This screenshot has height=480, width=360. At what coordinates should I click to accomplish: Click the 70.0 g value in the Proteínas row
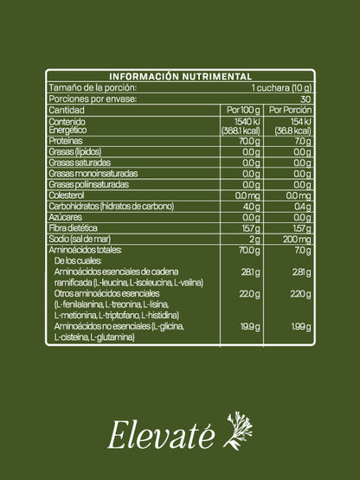(x=250, y=140)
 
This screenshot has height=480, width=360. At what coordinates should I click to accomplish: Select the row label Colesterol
(x=67, y=195)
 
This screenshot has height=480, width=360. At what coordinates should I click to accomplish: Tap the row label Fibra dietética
(x=72, y=227)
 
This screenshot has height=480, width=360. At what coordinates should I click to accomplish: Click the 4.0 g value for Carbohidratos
(x=252, y=206)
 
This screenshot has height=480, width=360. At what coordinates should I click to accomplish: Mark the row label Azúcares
(x=63, y=216)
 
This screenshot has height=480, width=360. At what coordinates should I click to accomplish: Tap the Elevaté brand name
(x=162, y=435)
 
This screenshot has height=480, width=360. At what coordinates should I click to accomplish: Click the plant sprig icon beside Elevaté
(x=238, y=431)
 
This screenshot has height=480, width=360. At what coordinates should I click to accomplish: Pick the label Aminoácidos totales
(x=85, y=249)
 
